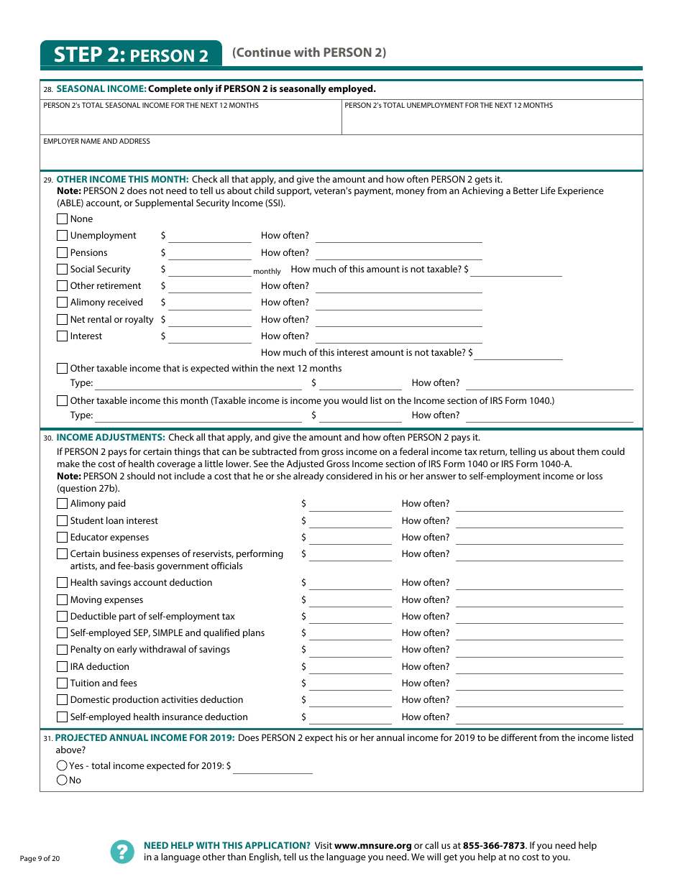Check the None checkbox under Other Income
click(63, 219)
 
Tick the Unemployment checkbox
click(63, 236)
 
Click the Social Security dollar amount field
click(209, 270)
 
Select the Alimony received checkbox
click(63, 303)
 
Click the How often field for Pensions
click(398, 253)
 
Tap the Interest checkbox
click(63, 336)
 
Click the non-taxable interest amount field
click(518, 353)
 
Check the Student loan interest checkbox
click(63, 521)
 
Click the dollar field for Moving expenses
click(350, 600)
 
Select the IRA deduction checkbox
click(63, 667)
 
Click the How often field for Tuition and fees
click(539, 683)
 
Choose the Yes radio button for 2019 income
click(62, 766)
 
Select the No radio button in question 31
click(62, 781)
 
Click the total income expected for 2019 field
click(272, 766)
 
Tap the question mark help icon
click(122, 852)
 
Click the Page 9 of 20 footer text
click(40, 858)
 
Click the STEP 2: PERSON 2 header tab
click(131, 55)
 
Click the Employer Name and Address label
click(96, 142)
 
